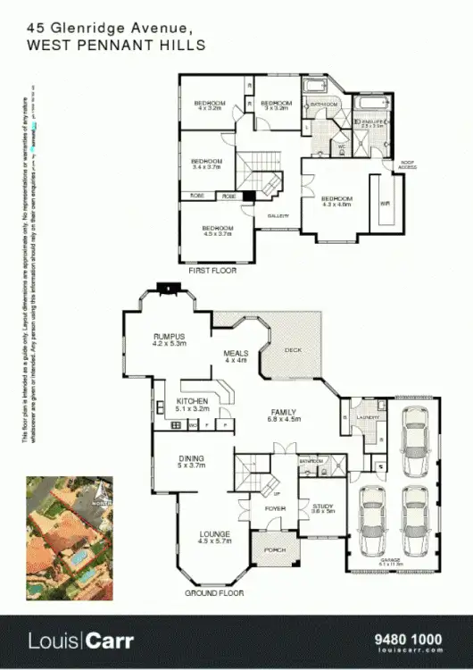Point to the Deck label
tap(293, 351)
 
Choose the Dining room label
tap(191, 461)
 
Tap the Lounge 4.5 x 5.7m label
tap(214, 538)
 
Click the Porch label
tap(275, 550)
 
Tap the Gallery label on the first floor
tap(277, 216)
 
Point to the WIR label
tap(385, 204)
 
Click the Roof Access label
tap(407, 165)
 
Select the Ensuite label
tap(371, 123)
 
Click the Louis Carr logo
tap(80, 641)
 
